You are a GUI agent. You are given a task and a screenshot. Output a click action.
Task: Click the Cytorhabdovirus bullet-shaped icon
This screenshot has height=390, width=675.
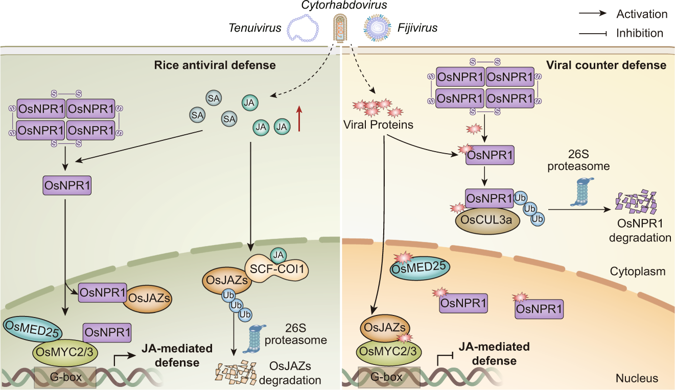click(x=341, y=27)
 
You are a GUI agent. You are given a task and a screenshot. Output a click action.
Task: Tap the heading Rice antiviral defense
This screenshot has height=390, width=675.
click(x=215, y=65)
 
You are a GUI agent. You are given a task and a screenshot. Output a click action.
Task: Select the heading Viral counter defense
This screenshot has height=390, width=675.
click(x=606, y=65)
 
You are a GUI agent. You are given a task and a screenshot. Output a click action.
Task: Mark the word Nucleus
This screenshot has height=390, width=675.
click(x=637, y=378)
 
